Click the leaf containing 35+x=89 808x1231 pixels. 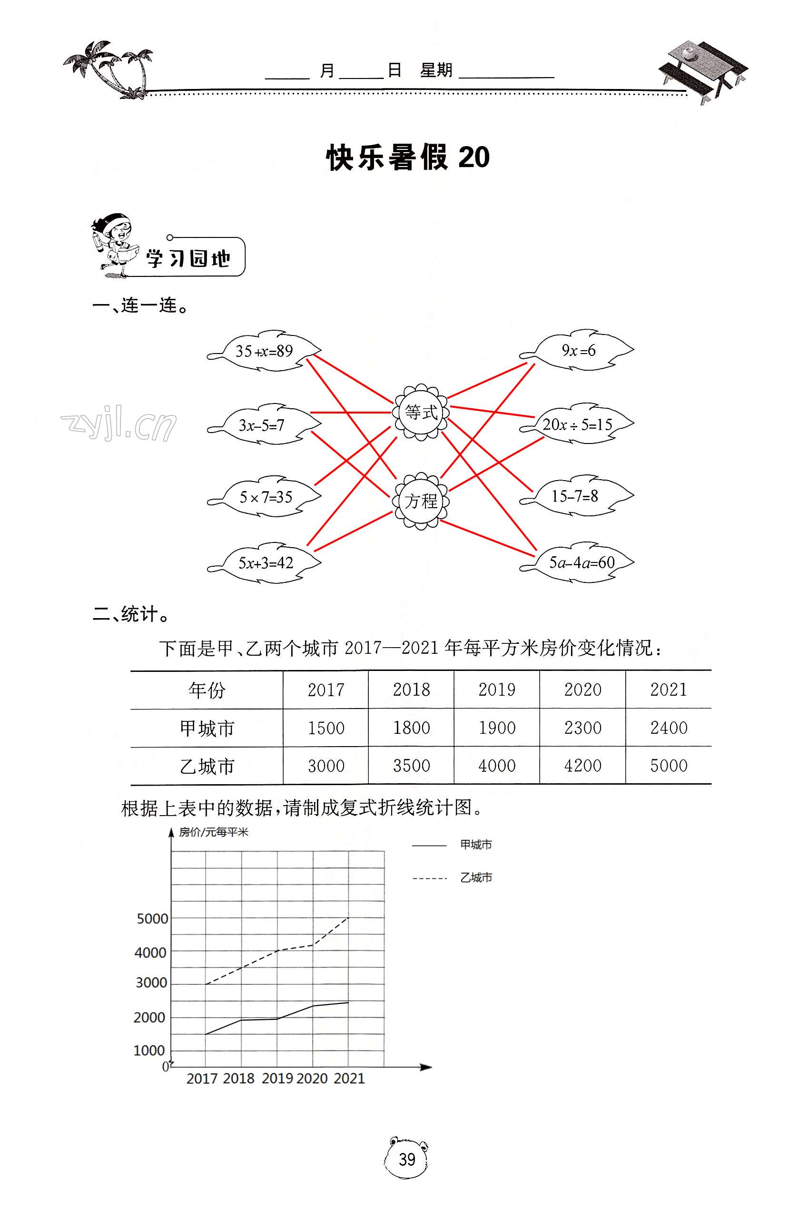coord(265,351)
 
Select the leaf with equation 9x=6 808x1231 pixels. coord(578,350)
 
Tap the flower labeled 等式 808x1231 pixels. coord(421,412)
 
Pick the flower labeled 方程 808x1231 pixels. coord(421,501)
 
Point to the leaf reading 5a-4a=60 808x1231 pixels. coord(581,562)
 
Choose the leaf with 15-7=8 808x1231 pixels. coord(575,496)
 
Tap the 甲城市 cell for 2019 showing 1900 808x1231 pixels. coord(497,728)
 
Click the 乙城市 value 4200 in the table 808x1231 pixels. coord(582,766)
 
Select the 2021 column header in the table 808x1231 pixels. coord(668,689)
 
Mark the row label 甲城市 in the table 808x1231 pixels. coord(207,728)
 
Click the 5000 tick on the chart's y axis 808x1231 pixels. coord(152,918)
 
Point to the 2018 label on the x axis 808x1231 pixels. coord(239,1078)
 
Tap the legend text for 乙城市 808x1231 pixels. coord(476,877)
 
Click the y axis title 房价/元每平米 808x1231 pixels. coord(214,832)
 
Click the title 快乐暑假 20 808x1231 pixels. coord(408,158)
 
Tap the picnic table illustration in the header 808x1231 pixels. coord(703,70)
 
